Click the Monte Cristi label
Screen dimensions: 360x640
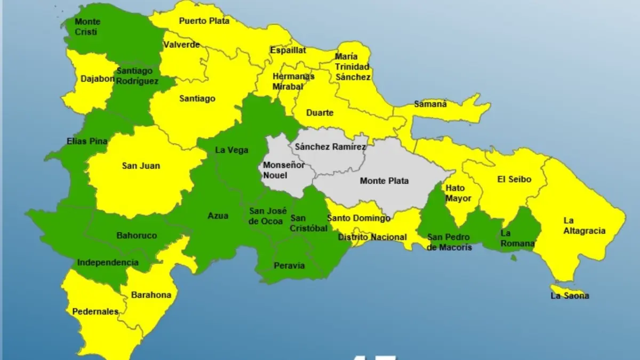87,27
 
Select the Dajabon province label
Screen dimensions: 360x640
98,79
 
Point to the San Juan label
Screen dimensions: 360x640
141,166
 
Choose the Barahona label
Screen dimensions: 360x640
151,295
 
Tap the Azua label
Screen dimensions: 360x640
218,216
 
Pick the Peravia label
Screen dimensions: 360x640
289,265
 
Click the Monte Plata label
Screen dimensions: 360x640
384,181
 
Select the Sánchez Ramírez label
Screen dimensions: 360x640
331,146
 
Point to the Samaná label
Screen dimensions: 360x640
430,104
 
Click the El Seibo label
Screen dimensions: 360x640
514,179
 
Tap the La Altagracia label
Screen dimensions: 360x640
585,226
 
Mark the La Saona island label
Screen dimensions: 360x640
570,295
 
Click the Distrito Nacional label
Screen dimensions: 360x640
372,237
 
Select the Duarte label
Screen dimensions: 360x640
320,113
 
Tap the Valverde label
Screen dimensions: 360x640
181,45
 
